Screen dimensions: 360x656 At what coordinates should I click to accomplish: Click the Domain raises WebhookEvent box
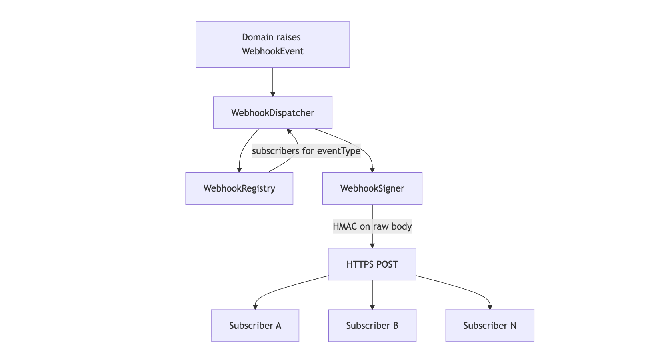[272, 44]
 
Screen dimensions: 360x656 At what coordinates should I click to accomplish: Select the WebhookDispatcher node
[272, 113]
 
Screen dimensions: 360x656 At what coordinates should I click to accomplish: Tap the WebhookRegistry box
[239, 188]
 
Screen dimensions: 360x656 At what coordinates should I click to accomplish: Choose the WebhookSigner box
[372, 188]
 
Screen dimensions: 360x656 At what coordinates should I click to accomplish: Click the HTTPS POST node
[372, 264]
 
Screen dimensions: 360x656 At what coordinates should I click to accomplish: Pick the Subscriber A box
[255, 325]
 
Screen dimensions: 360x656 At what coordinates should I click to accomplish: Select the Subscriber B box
[372, 325]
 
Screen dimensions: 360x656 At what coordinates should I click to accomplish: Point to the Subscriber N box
[490, 325]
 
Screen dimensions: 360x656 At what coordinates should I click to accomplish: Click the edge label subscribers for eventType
[306, 151]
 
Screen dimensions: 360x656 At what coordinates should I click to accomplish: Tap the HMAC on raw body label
[372, 226]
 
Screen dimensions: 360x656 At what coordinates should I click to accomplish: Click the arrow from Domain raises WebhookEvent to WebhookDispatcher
[273, 82]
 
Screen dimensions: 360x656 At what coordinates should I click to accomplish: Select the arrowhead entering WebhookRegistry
[239, 170]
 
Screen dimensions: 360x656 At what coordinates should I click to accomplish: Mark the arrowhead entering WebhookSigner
[372, 170]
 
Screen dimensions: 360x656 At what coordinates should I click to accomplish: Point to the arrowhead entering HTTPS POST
[372, 246]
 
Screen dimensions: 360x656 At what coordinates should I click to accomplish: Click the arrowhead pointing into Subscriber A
[255, 307]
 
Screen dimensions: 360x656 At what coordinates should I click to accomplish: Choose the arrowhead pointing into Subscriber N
[490, 307]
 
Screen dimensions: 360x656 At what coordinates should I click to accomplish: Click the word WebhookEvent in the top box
[272, 51]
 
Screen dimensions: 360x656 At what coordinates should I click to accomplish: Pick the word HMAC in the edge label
[345, 226]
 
